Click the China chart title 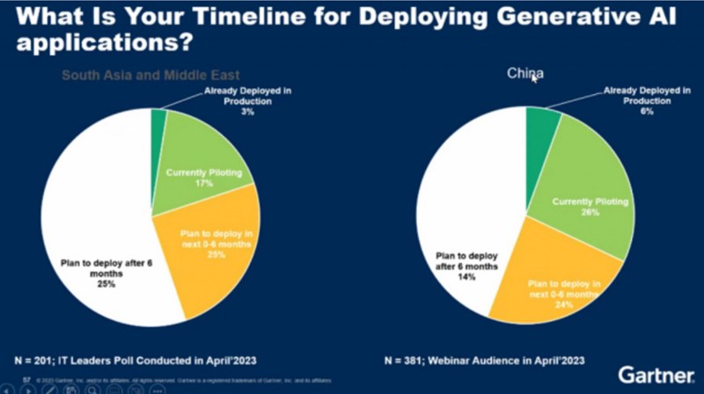pyautogui.click(x=524, y=74)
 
